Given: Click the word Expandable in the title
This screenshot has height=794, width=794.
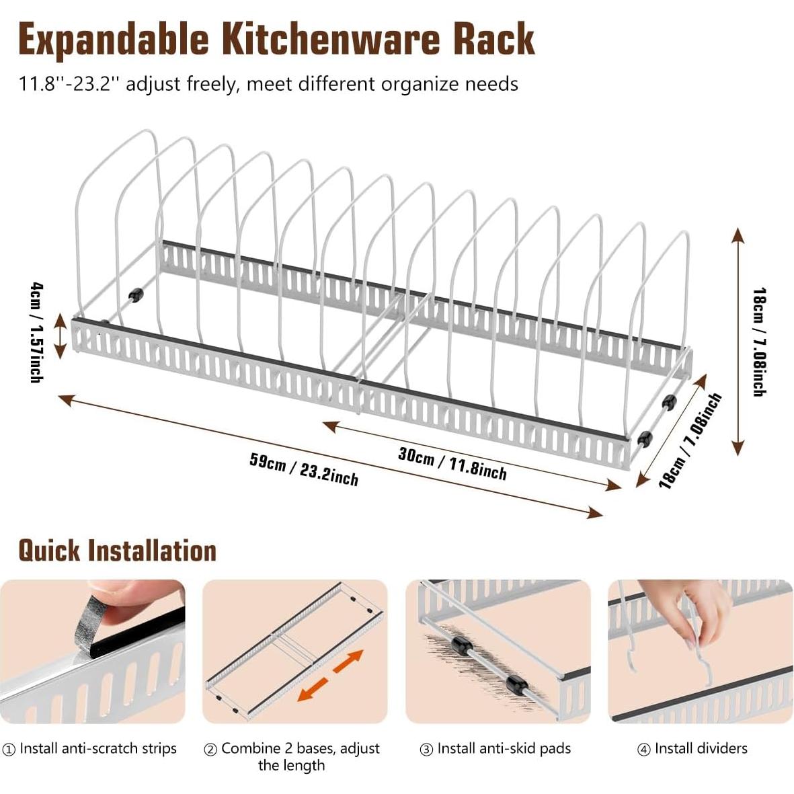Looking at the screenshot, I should coord(114,39).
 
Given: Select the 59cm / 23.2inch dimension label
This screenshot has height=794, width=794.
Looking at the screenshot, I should coord(304,469).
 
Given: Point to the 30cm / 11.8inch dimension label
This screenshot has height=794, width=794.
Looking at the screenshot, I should coord(452,463).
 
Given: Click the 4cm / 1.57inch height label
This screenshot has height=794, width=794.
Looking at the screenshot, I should coord(37,332).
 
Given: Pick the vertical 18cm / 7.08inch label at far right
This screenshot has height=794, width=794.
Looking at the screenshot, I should coord(760,342).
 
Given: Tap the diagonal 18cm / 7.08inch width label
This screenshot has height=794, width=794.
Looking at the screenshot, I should coord(690,440).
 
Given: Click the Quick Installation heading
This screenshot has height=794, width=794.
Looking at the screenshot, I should coord(117,551).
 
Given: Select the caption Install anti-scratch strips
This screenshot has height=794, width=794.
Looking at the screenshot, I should coord(98,748).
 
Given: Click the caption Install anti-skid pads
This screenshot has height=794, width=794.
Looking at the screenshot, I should coord(504,748).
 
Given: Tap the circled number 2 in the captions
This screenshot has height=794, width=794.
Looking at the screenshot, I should coord(210,749).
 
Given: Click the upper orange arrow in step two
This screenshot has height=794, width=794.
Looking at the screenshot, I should coord(348,662).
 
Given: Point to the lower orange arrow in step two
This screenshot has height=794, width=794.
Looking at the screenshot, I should coord(313,690).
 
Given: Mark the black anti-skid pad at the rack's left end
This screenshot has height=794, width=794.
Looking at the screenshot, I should coord(136,294).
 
